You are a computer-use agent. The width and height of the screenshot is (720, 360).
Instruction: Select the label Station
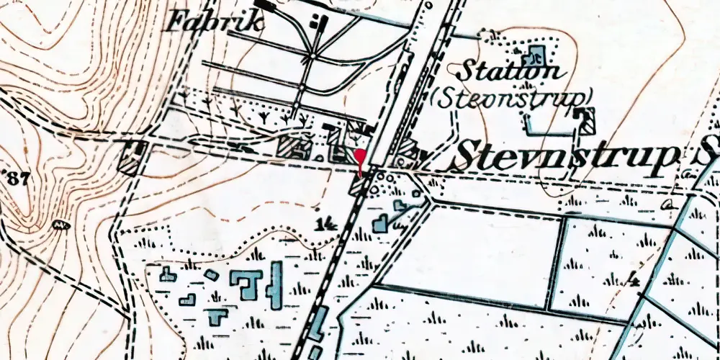tap(510, 71)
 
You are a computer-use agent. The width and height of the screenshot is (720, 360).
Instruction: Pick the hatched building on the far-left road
tap(132, 157)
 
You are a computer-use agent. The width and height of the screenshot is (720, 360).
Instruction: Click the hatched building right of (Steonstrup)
tap(586, 119)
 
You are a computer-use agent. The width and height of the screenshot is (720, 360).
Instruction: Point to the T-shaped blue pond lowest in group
tap(217, 317)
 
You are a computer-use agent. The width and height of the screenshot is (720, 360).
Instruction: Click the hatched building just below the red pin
tap(359, 185)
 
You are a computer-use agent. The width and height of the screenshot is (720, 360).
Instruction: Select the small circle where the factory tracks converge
tap(312, 55)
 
